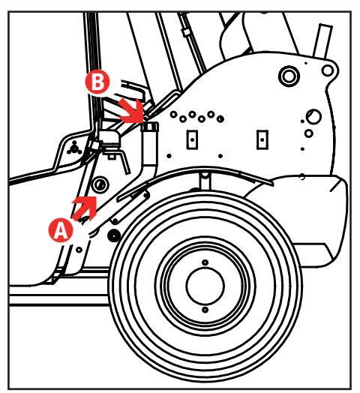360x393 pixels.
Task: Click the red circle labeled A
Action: [x=61, y=230]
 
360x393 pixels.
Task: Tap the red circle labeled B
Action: [x=97, y=82]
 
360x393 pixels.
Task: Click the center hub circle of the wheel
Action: [x=205, y=286]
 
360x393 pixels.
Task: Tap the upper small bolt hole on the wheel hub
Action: [x=205, y=262]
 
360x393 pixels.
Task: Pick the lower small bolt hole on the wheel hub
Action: [x=205, y=310]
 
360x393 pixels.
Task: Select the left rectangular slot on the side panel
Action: [x=192, y=139]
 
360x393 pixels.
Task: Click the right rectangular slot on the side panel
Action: [x=262, y=139]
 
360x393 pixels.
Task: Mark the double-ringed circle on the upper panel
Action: [x=289, y=76]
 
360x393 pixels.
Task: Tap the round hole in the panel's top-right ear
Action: [x=328, y=70]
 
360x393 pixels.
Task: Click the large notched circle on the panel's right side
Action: [x=313, y=116]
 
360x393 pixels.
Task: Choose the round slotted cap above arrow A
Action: [x=100, y=185]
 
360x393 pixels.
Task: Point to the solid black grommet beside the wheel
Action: [x=114, y=235]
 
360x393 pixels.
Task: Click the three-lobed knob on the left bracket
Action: [x=74, y=148]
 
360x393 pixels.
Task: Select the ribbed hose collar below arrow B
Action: [x=150, y=127]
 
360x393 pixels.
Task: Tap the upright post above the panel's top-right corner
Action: [x=322, y=40]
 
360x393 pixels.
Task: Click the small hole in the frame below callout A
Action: [x=79, y=250]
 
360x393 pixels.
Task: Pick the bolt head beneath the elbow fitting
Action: [x=111, y=157]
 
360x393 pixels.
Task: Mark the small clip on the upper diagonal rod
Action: [x=186, y=32]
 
